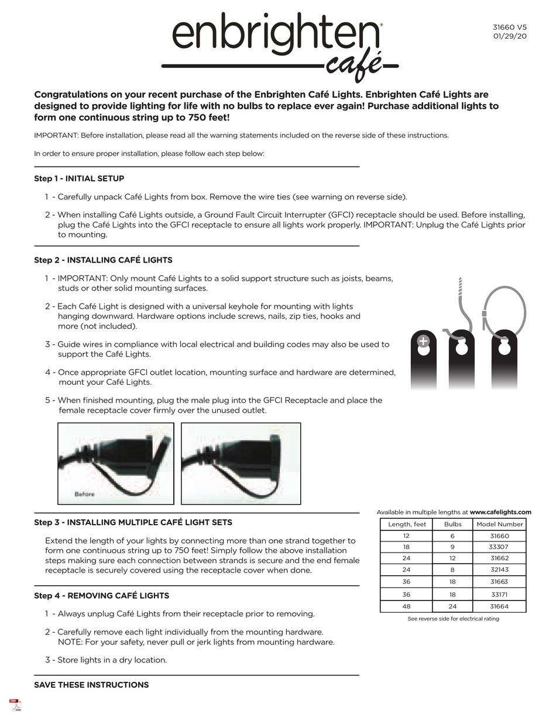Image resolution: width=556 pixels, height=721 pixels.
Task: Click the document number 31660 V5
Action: point(509,27)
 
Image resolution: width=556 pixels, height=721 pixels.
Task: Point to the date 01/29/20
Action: point(510,36)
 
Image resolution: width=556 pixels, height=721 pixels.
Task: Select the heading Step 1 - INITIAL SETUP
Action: point(79,178)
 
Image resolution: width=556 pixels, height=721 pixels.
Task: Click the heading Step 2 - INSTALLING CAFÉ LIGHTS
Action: point(103,260)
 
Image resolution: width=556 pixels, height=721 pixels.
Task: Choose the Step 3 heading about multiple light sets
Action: point(133,522)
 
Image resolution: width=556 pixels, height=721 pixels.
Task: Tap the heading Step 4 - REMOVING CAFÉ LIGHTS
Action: point(101,595)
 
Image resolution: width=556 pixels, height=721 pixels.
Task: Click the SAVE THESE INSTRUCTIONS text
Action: point(91,685)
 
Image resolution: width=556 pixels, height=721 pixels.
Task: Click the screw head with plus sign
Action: point(423,341)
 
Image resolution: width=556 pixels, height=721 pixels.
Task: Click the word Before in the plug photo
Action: point(85,494)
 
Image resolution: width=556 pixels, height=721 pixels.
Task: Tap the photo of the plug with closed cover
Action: point(241,463)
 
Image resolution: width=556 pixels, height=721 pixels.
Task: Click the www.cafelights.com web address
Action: point(500,512)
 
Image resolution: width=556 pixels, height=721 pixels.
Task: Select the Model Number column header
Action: point(499,524)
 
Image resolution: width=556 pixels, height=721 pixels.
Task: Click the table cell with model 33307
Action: point(499,547)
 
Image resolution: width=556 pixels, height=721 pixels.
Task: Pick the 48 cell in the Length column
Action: point(406,606)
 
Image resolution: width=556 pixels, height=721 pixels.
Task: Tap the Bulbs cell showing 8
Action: point(452,570)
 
